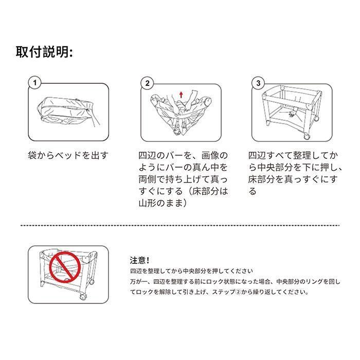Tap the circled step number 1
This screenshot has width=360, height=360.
coord(35,83)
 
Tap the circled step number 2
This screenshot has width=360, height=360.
coord(148,83)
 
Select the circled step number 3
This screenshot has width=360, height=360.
coord(259,83)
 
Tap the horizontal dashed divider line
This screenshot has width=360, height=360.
coord(180,225)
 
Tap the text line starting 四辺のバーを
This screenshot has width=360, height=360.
coord(183,155)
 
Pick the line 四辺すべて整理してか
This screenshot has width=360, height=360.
coord(293,155)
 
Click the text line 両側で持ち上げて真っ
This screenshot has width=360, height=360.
coord(183,179)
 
